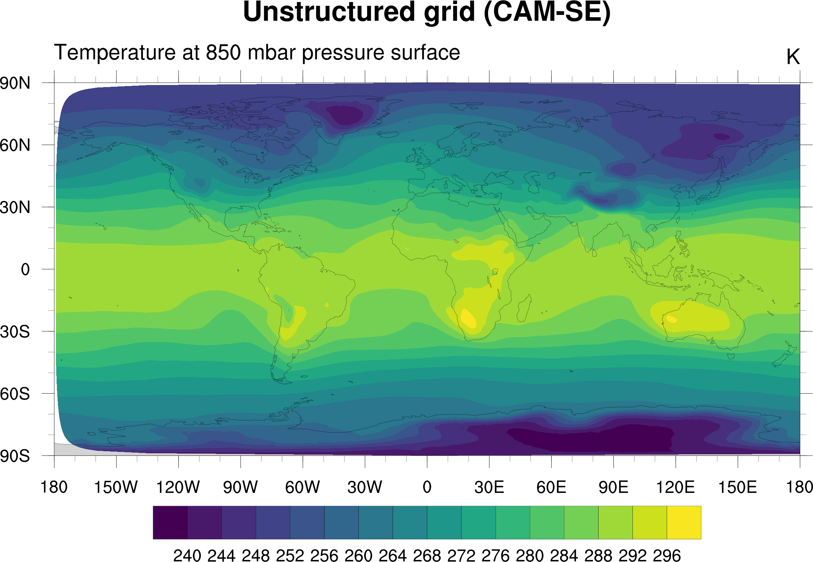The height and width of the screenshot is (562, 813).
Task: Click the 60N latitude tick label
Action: click(15, 145)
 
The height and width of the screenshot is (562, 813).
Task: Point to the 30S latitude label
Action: click(15, 332)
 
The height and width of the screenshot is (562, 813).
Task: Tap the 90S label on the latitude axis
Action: click(15, 456)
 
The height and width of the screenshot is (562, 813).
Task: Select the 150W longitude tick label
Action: click(116, 487)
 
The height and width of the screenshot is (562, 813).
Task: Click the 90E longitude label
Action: click(613, 487)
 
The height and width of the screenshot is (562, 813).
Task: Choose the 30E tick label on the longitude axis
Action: click(489, 487)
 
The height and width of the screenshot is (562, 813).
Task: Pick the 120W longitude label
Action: click(178, 487)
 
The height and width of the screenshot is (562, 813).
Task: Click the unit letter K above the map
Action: click(793, 57)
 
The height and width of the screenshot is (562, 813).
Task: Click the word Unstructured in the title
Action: click(329, 13)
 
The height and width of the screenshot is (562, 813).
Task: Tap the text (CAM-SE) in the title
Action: click(547, 13)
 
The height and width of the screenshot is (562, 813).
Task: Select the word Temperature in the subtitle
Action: click(114, 53)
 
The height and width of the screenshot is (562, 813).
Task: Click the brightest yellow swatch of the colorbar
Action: click(684, 522)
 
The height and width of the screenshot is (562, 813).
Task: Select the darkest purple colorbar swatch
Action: click(170, 522)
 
